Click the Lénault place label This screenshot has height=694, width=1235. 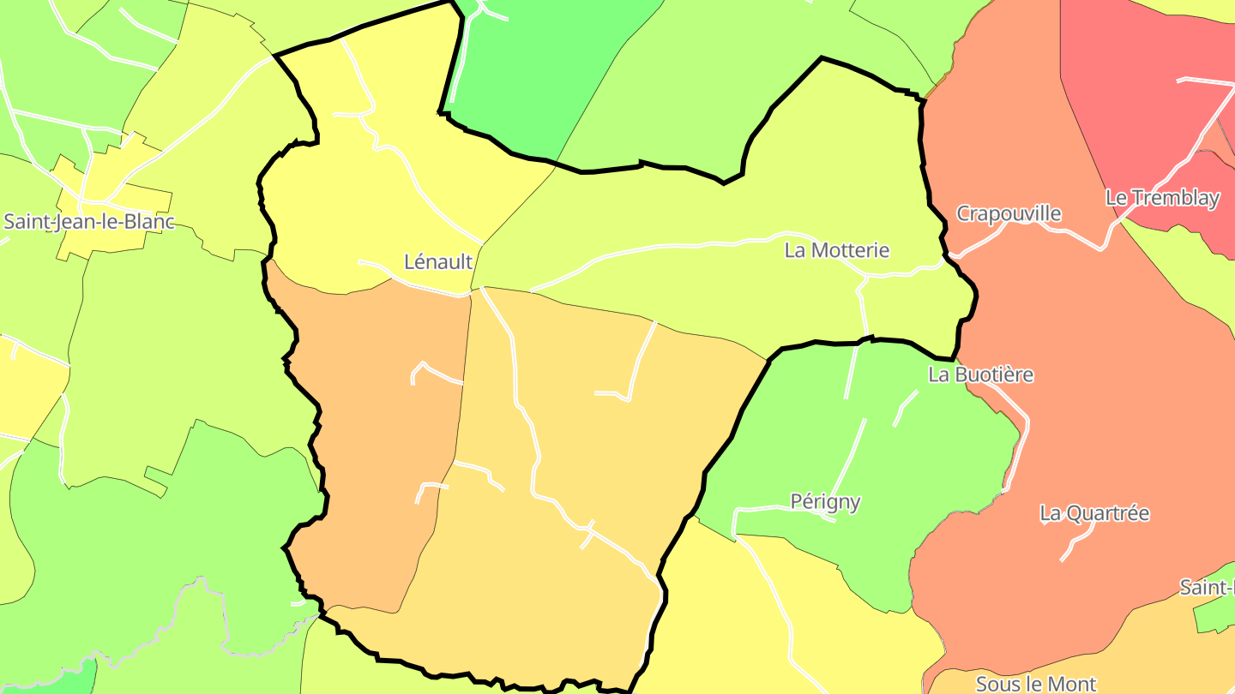click(437, 262)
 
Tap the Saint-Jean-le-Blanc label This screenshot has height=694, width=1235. click(89, 222)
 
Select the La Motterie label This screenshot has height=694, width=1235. click(837, 251)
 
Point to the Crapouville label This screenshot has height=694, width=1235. click(1009, 213)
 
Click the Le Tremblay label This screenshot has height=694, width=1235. click(1162, 198)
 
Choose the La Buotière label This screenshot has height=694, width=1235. click(980, 375)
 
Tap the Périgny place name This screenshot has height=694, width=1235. click(825, 501)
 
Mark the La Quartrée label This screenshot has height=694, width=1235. click(1094, 514)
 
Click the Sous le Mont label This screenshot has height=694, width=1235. click(1036, 684)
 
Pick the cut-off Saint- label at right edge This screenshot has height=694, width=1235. click(1207, 588)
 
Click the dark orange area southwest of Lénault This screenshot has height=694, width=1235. click(377, 428)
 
